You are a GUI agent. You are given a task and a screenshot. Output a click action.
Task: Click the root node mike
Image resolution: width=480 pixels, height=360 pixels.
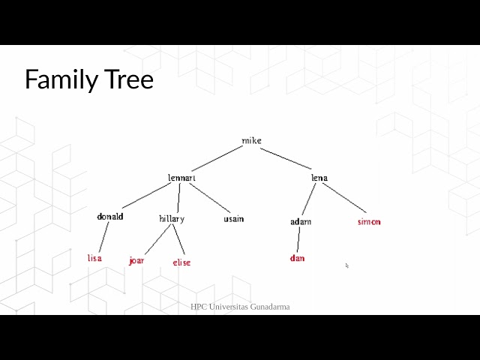pyautogui.click(x=251, y=140)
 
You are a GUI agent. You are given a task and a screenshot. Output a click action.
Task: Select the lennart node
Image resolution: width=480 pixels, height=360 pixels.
pyautogui.click(x=182, y=178)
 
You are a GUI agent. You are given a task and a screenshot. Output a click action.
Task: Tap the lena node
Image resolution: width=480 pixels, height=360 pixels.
pyautogui.click(x=319, y=178)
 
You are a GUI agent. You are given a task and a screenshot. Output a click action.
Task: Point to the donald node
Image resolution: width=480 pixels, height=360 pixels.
pyautogui.click(x=109, y=217)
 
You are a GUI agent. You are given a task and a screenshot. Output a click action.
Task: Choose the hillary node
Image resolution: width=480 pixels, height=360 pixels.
pyautogui.click(x=172, y=219)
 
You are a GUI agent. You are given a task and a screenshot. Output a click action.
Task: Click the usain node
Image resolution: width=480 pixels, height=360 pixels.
pyautogui.click(x=233, y=219)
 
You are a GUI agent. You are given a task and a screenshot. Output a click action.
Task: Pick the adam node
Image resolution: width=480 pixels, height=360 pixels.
pyautogui.click(x=301, y=222)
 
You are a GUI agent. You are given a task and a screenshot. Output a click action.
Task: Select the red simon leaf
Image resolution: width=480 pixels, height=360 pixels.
pyautogui.click(x=369, y=222)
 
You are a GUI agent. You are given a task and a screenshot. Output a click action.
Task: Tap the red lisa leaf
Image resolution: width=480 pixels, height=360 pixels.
pyautogui.click(x=94, y=258)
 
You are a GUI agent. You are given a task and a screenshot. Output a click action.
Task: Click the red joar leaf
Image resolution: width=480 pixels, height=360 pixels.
pyautogui.click(x=136, y=261)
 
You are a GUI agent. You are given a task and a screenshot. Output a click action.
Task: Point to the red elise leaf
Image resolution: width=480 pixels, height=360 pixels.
pyautogui.click(x=181, y=262)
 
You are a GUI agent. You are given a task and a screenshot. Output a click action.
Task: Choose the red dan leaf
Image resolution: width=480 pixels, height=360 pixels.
pyautogui.click(x=297, y=259)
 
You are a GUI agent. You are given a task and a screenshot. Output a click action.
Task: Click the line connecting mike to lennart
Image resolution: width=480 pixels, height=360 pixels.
pyautogui.click(x=217, y=159)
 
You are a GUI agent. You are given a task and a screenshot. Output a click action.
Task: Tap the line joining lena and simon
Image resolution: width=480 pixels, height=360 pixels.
pyautogui.click(x=346, y=198)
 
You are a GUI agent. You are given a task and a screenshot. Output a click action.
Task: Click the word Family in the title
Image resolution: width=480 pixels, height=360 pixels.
pyautogui.click(x=58, y=79)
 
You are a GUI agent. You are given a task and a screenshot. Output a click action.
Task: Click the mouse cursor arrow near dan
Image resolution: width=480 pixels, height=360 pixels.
pyautogui.click(x=346, y=265)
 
